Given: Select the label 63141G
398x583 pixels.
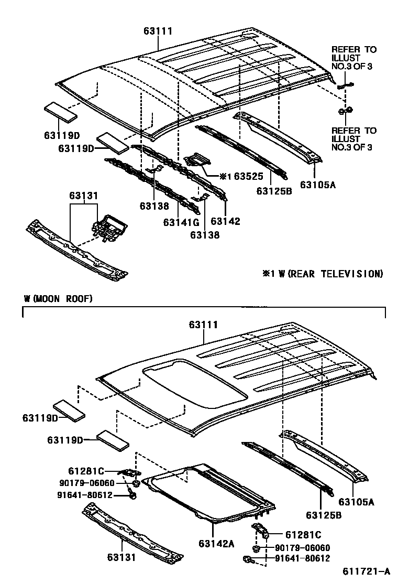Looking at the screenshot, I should (181, 222).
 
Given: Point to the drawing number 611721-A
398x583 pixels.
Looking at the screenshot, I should (367, 571).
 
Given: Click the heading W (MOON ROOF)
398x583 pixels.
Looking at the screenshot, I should (58, 299).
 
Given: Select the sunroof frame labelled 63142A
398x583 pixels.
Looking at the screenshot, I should (209, 493).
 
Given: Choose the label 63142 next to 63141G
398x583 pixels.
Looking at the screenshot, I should (226, 222).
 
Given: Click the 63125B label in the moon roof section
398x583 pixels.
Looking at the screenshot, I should (324, 515).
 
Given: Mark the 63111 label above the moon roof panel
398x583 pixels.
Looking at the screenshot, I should (203, 325).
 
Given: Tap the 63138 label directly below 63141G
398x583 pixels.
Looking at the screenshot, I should (205, 235).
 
